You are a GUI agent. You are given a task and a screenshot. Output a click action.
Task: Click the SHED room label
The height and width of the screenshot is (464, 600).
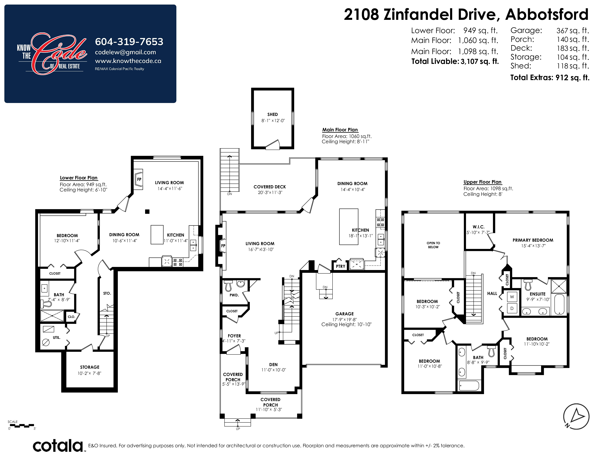coord(273,114)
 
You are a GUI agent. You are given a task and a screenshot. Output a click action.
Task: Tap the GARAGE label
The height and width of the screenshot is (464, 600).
coord(345,314)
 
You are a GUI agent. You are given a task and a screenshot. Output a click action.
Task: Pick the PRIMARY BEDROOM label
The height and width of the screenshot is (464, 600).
coord(533,240)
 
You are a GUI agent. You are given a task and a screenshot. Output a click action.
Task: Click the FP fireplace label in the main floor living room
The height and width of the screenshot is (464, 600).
coord(223,246)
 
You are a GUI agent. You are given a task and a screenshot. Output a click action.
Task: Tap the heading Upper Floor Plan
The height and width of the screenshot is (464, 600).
coord(482,182)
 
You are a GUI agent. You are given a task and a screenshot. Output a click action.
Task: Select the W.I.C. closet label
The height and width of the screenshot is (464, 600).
coord(479,227)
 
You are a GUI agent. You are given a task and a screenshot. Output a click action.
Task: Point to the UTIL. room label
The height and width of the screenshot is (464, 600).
coord(57,338)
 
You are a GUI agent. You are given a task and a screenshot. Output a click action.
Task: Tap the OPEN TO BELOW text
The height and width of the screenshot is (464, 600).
coord(433,245)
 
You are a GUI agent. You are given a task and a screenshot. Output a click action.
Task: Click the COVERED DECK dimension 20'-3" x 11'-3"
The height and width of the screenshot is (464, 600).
coord(270,192)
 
